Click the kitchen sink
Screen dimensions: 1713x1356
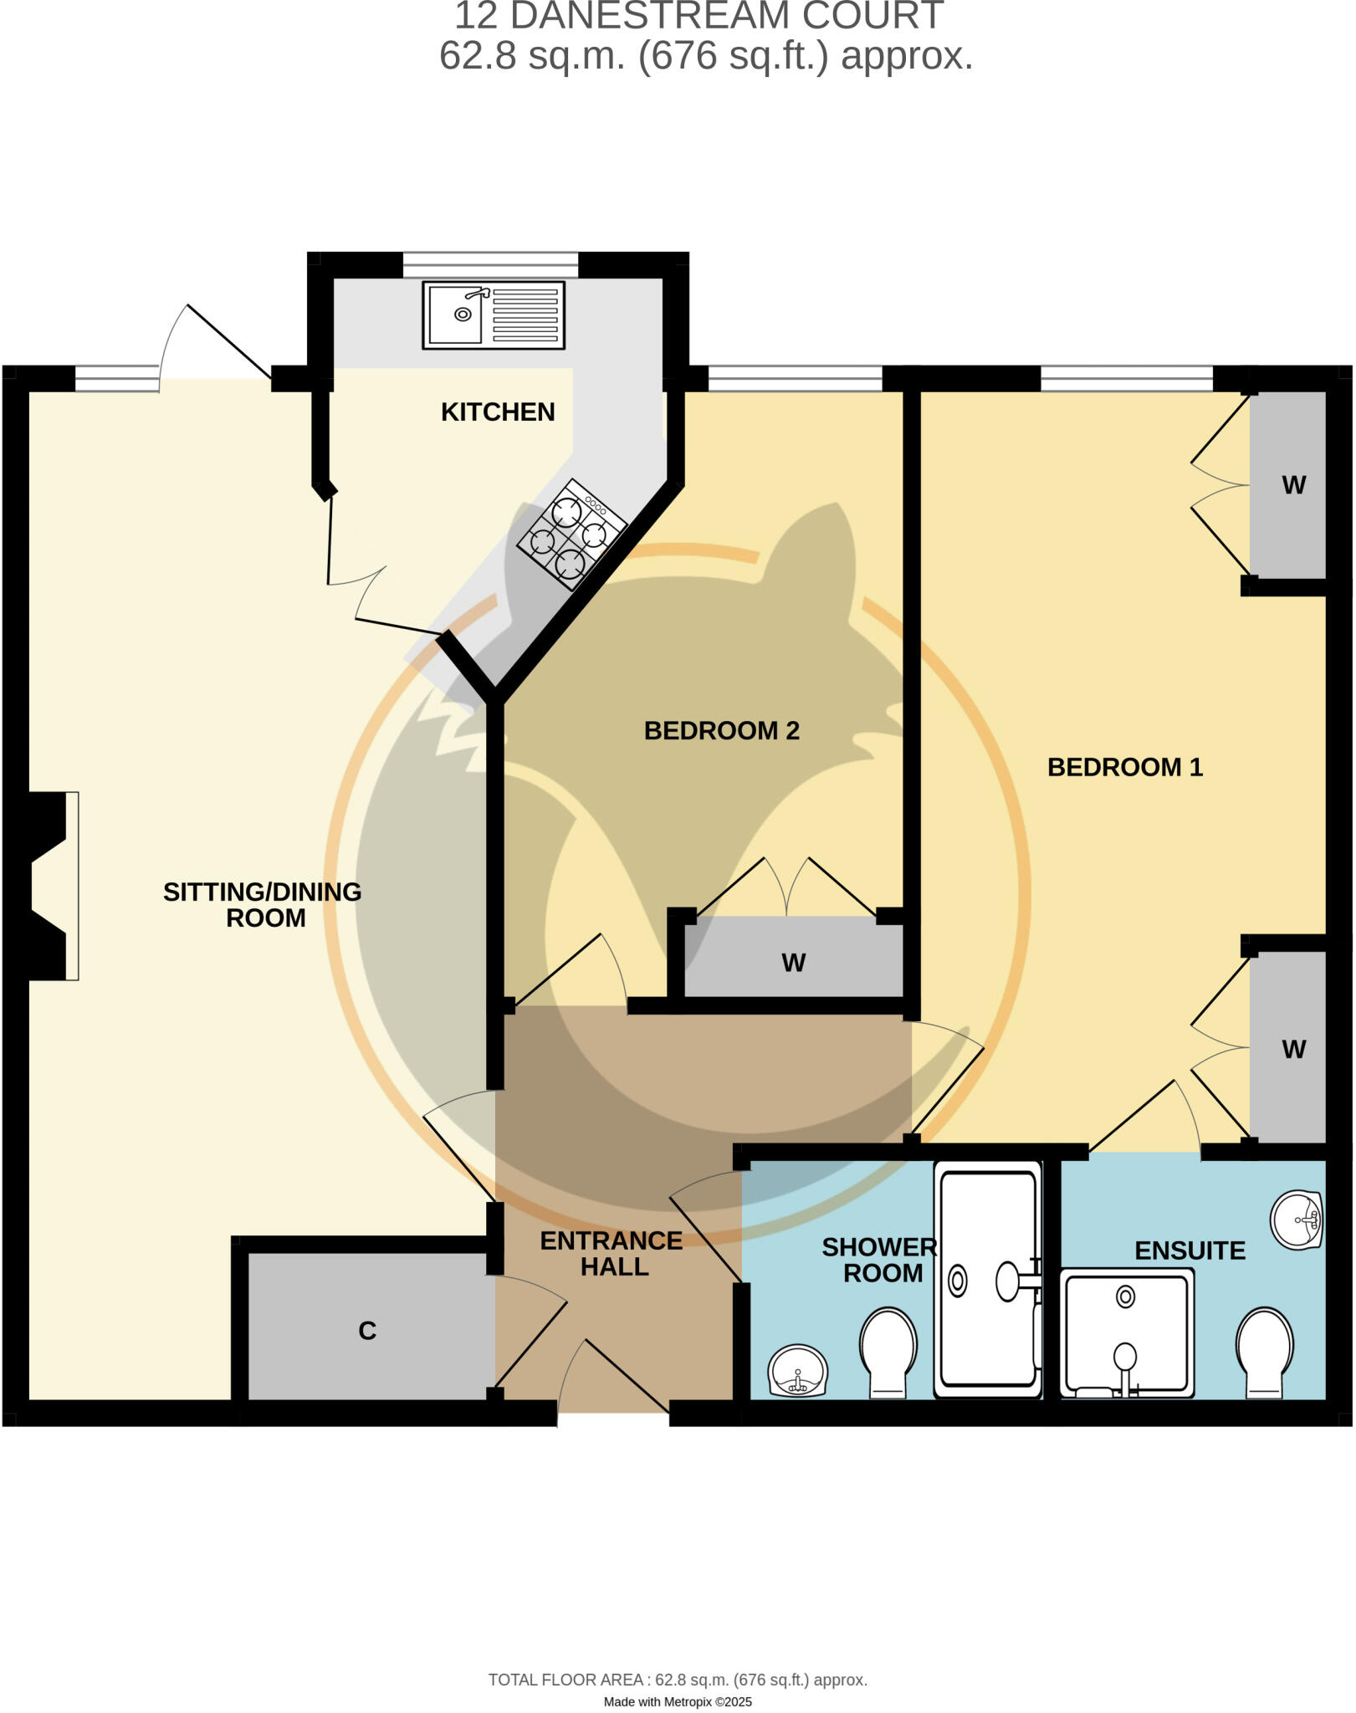click(494, 314)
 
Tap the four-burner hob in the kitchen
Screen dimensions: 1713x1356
click(571, 534)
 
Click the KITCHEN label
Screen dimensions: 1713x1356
click(498, 412)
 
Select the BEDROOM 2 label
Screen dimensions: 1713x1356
click(721, 730)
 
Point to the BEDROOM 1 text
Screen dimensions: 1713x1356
click(1124, 767)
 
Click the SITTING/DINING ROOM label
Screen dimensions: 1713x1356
click(263, 904)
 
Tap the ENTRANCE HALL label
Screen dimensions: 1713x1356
click(612, 1253)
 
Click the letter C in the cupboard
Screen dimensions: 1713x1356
click(367, 1330)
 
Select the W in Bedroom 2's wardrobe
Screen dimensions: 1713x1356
click(793, 963)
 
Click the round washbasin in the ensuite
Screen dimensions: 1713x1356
click(1296, 1220)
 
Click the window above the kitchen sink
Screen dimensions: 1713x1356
click(490, 264)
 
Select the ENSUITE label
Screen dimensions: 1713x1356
click(1190, 1250)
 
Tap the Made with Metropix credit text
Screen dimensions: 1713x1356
click(678, 1702)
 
